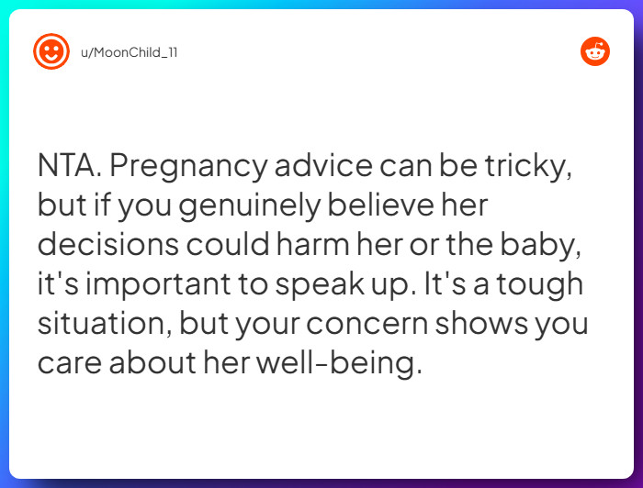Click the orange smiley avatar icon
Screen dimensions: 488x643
51,51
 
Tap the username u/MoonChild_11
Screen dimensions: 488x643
129,52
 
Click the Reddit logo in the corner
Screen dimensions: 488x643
595,51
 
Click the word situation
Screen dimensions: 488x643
102,324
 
